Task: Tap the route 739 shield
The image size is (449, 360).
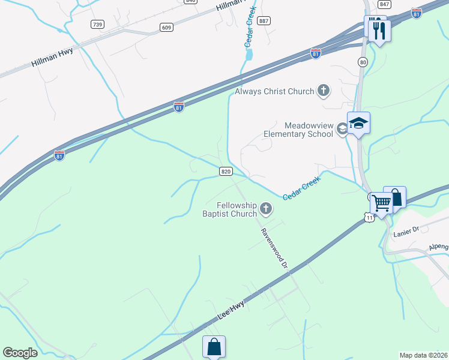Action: (97, 24)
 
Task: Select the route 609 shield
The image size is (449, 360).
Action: (167, 27)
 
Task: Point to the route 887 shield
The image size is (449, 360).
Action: (263, 20)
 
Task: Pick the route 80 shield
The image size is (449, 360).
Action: (363, 62)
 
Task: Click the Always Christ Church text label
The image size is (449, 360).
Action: (274, 91)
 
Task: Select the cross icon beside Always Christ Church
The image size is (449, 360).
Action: (324, 91)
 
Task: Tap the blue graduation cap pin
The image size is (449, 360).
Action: (358, 123)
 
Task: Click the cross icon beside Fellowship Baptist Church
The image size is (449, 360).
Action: (265, 209)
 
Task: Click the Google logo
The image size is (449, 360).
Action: (20, 353)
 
